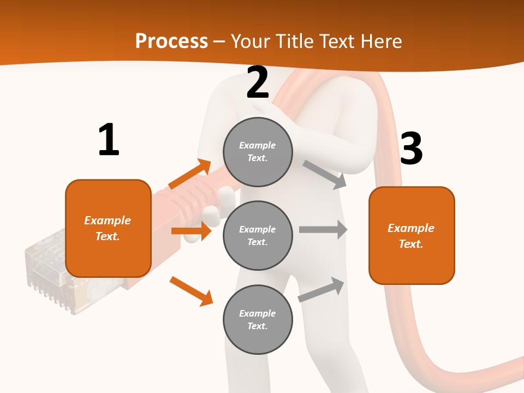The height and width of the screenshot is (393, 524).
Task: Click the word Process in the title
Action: (x=171, y=41)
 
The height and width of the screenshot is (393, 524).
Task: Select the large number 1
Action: (x=109, y=140)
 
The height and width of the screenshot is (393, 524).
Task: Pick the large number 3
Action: (x=411, y=148)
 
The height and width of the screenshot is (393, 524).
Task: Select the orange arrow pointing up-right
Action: (x=190, y=174)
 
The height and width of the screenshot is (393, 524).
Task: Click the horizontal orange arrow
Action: (x=191, y=231)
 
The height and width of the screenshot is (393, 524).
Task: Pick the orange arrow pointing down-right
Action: (x=192, y=291)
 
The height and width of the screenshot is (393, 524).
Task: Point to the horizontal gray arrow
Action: (x=323, y=229)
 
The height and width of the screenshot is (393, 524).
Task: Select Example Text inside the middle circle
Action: (x=258, y=235)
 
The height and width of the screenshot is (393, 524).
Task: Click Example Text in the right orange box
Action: (x=411, y=236)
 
